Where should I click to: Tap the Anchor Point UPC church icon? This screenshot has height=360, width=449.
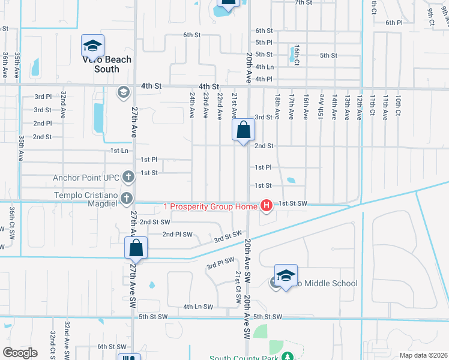coord(128,176)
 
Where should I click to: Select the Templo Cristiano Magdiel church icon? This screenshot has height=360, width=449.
coord(127,197)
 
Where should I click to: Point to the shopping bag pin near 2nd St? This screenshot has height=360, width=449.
coord(244,130)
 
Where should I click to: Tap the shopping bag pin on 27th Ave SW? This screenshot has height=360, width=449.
coord(136,248)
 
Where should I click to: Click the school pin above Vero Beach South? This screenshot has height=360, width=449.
coord(93,46)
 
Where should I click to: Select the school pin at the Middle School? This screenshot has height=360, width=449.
coord(286,275)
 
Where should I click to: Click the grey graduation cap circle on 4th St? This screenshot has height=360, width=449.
coord(123,92)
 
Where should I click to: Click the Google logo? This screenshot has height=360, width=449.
coord(20,353)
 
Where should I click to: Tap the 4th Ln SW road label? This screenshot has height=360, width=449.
coord(198,307)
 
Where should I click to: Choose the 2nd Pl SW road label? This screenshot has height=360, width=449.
coord(177,234)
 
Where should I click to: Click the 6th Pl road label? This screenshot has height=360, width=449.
coord(394,22)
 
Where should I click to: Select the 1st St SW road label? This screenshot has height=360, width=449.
coord(294,204)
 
